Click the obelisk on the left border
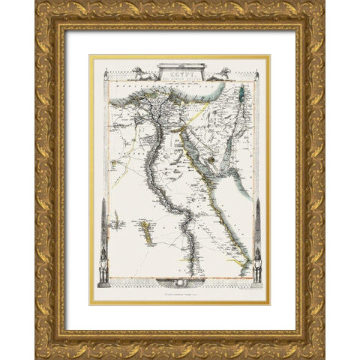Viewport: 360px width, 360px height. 102,225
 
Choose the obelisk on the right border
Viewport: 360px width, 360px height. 259,225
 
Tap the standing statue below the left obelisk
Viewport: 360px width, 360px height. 102,268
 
